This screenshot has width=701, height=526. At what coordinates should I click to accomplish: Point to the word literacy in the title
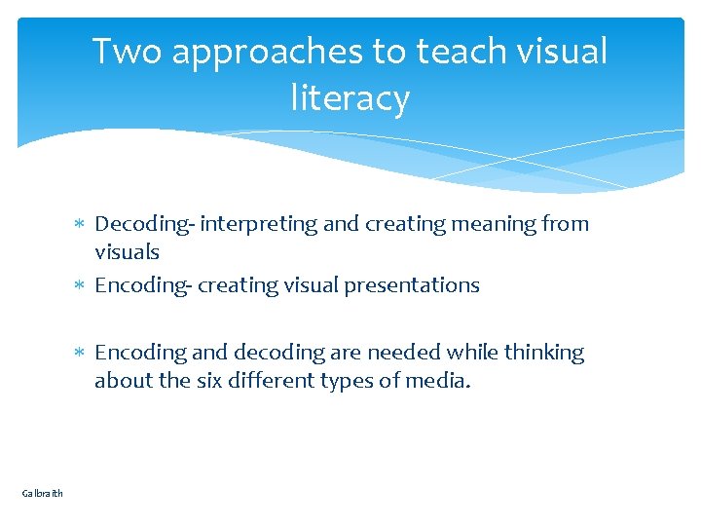click(x=350, y=99)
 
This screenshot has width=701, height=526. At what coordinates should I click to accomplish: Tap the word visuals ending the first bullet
click(x=127, y=252)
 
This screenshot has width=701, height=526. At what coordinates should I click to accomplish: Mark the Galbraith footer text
click(x=42, y=494)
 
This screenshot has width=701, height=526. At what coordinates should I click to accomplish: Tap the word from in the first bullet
click(x=567, y=225)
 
